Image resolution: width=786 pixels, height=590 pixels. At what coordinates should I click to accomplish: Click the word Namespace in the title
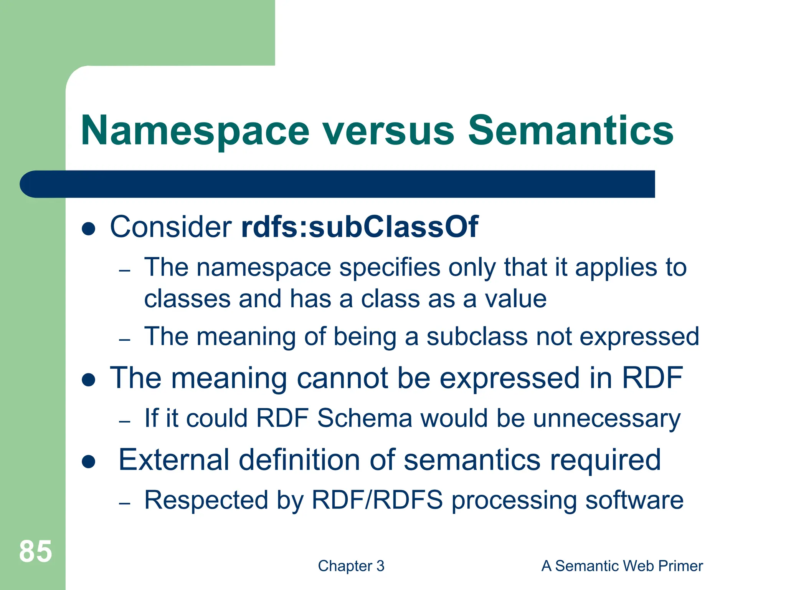[x=195, y=131]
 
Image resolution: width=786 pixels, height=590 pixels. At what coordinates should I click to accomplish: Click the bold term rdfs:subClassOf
[x=360, y=227]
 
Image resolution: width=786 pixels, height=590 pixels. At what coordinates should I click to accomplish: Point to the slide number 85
[x=35, y=552]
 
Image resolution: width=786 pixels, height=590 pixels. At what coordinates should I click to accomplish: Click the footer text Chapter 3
[x=351, y=566]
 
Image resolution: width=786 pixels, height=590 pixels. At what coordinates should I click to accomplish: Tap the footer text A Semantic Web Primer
[x=622, y=566]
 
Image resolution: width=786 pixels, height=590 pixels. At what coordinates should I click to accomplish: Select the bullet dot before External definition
[x=89, y=462]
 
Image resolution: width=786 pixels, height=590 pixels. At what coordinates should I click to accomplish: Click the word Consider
[x=171, y=227]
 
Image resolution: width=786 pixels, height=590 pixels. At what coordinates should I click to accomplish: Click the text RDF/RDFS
[x=377, y=500]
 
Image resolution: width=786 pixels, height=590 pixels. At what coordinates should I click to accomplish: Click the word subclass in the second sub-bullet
[x=477, y=336]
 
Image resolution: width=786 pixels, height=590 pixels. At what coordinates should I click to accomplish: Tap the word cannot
[x=342, y=378]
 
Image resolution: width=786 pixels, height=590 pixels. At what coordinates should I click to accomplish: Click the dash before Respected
[x=125, y=503]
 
